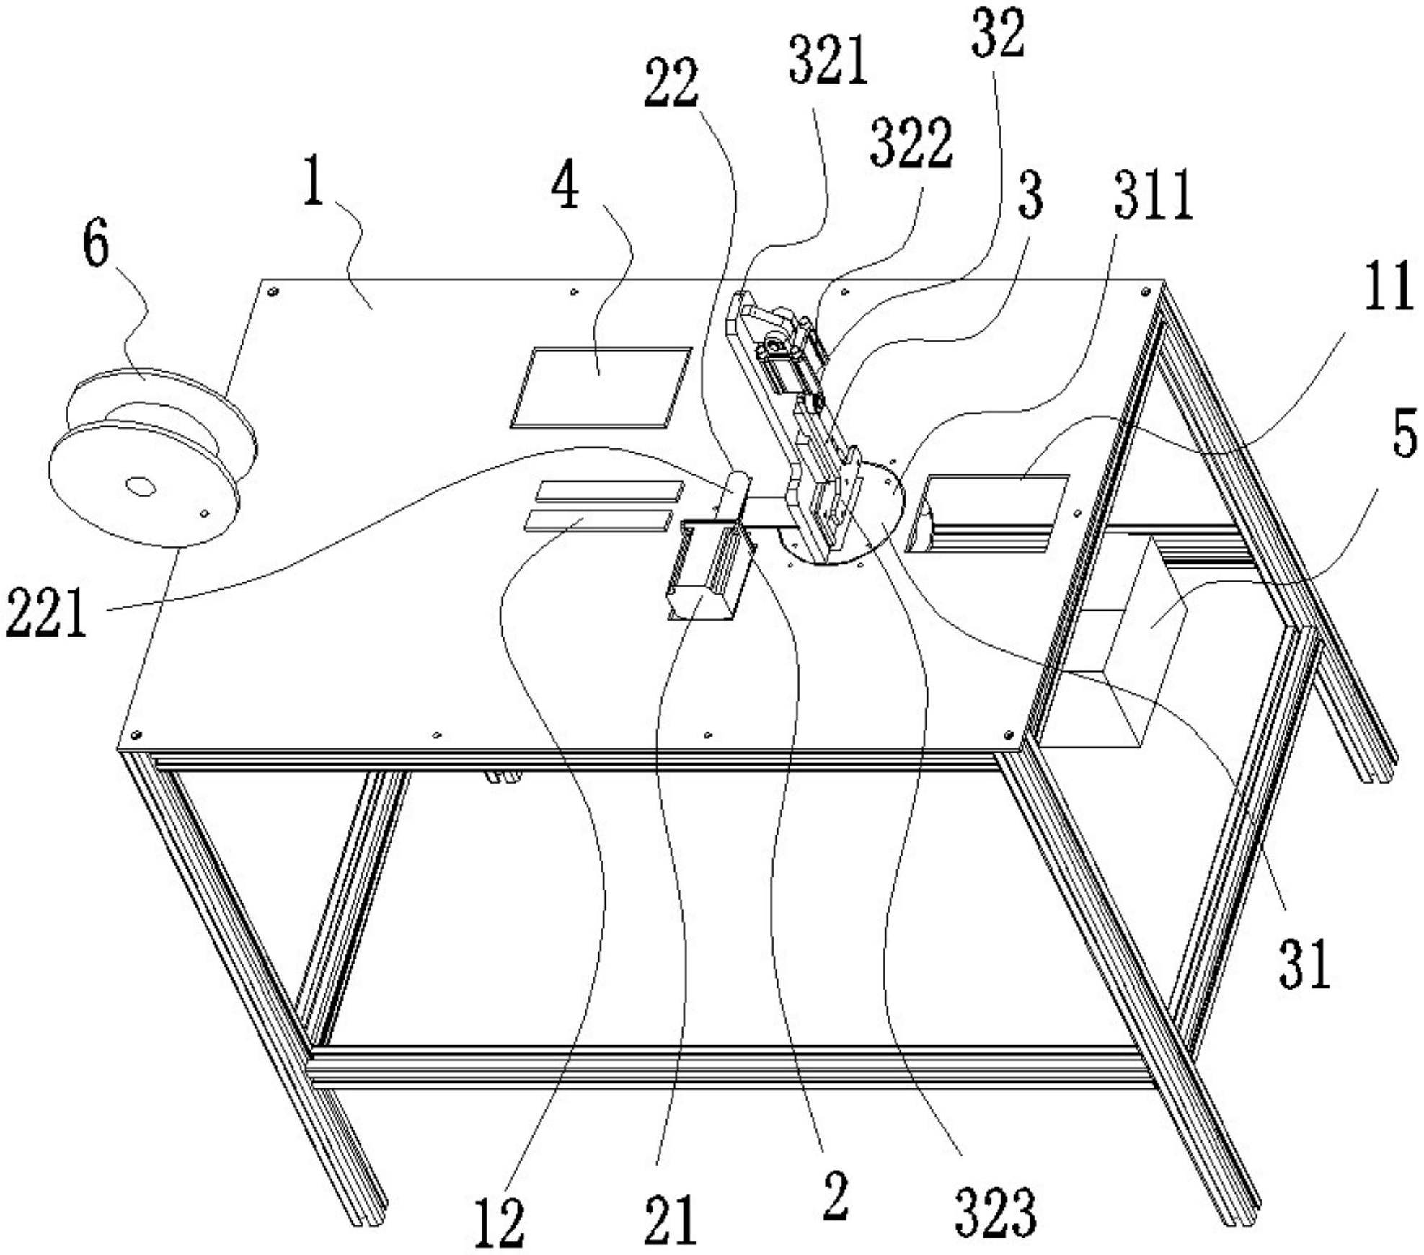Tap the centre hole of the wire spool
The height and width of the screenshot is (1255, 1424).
(x=141, y=487)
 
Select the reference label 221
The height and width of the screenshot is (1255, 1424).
(x=45, y=613)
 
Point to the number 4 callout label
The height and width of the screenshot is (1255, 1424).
(x=565, y=185)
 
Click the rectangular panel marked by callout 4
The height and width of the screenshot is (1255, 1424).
(x=601, y=387)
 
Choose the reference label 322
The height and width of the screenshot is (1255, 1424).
(x=911, y=143)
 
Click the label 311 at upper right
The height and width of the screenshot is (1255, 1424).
(x=1154, y=195)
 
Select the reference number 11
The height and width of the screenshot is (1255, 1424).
(x=1389, y=286)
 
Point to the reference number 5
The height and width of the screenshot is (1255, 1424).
(x=1403, y=434)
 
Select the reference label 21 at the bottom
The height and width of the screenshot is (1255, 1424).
(x=671, y=1220)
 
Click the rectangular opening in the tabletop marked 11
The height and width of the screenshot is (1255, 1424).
(x=988, y=512)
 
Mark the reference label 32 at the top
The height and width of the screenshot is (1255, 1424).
(x=997, y=34)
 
